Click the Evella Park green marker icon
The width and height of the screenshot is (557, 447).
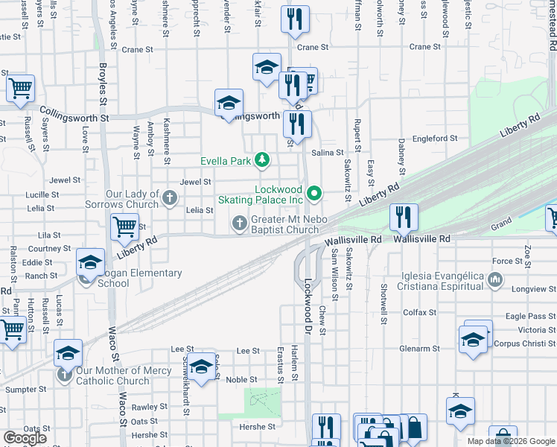[x=261, y=160]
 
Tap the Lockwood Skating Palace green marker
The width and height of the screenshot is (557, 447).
[x=314, y=194]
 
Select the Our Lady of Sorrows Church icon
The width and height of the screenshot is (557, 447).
[x=170, y=198]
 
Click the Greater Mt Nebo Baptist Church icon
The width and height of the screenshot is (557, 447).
[x=240, y=222]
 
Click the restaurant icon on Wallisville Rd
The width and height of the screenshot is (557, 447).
[x=404, y=218]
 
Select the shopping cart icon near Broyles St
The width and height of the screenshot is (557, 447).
[x=125, y=226]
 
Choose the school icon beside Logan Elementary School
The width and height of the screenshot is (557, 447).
[x=90, y=262]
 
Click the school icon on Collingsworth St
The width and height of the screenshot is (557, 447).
[x=229, y=103]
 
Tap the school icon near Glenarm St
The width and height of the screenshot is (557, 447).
[x=474, y=340]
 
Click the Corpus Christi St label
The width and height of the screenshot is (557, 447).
[x=525, y=344]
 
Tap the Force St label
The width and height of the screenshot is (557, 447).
[x=507, y=261]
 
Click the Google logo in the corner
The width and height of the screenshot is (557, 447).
[x=25, y=438]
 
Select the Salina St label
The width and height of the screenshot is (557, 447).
[x=327, y=152]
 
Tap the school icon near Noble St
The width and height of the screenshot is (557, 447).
[x=200, y=368]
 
